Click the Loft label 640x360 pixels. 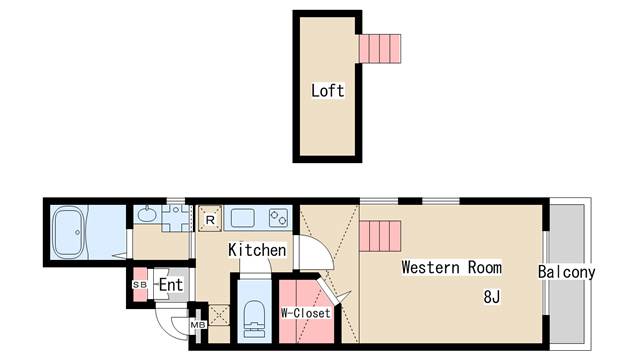click(327, 91)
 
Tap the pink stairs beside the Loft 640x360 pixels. click(380, 49)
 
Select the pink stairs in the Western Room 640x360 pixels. click(380, 236)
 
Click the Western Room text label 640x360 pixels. click(451, 267)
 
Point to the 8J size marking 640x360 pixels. click(491, 297)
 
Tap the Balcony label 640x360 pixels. click(567, 272)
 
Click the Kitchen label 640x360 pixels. click(257, 250)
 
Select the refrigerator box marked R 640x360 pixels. click(210, 219)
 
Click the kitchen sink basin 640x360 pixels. click(243, 218)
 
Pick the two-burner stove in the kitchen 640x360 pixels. click(279, 218)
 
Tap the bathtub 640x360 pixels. click(69, 232)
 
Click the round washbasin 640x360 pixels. click(146, 214)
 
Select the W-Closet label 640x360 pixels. click(306, 313)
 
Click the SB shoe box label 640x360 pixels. click(140, 285)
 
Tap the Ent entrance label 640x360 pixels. click(171, 285)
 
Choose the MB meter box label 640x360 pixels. click(198, 325)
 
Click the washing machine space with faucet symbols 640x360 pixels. click(176, 218)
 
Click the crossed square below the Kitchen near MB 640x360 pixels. click(219, 315)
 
